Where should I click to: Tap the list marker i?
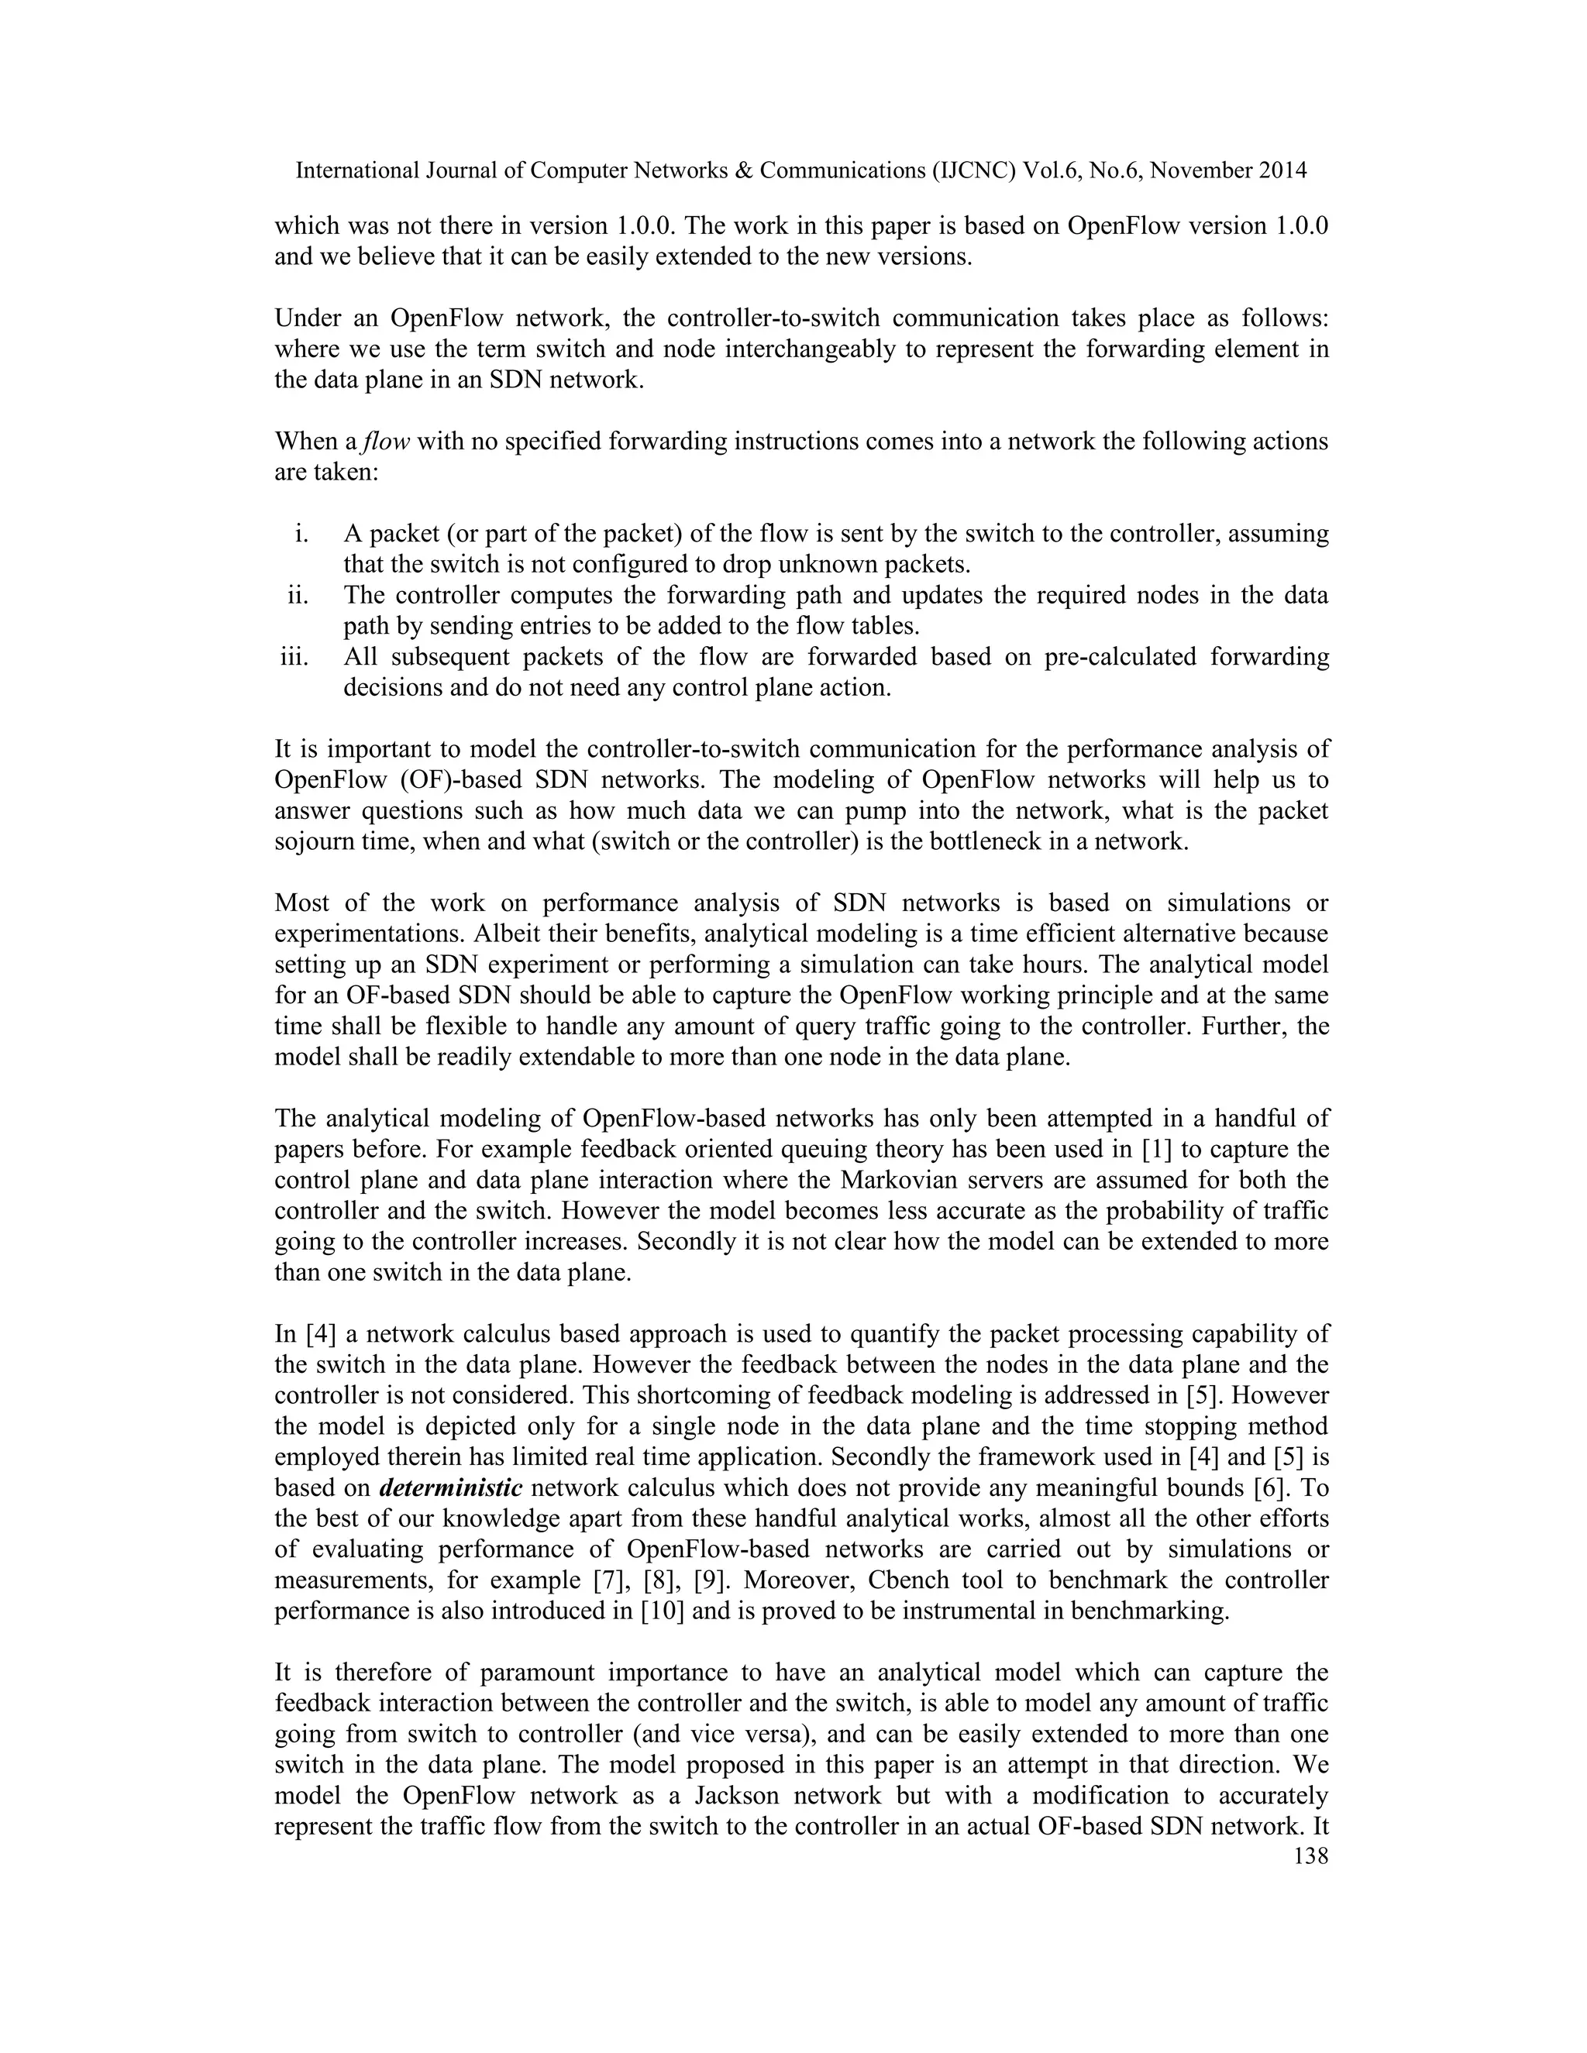301,534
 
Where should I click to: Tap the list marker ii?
298,595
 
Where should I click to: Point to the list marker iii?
295,657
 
